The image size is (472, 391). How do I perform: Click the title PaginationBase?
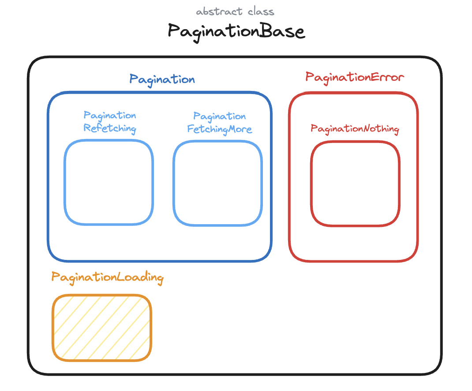point(236,31)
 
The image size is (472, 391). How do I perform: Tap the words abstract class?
point(236,11)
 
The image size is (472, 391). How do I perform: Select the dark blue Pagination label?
point(162,79)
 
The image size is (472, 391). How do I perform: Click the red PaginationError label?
point(355,77)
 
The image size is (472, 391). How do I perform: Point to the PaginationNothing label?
point(355,129)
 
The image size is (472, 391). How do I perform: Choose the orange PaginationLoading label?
point(107,278)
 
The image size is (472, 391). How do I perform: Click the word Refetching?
point(110,129)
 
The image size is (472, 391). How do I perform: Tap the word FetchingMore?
point(219,129)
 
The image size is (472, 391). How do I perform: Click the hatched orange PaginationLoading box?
point(102,327)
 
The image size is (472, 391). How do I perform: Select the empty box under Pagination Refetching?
point(109,182)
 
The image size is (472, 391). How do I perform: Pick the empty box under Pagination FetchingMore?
point(217,183)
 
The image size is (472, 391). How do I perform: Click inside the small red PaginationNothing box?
point(355,183)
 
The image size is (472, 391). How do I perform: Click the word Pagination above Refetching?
point(110,116)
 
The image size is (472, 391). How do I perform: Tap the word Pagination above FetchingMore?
point(219,117)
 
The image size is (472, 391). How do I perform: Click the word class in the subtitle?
point(262,11)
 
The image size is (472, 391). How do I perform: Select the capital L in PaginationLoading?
point(120,278)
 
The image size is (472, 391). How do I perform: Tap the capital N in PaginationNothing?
point(367,129)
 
